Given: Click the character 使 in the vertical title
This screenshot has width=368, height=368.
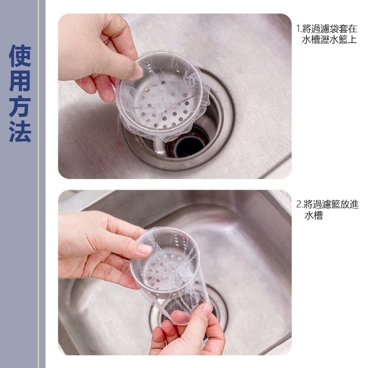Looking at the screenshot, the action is [20, 55].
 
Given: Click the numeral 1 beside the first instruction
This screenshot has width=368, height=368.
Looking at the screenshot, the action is [298, 29].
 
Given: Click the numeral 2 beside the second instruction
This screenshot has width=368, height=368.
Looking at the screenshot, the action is [299, 204].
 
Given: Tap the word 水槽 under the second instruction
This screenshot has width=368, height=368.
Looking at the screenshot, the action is [313, 215].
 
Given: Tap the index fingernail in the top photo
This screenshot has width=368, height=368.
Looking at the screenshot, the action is [138, 71].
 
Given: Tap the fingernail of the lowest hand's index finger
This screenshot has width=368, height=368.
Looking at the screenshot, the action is [208, 309].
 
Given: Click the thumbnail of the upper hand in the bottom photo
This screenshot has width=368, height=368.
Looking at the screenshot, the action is [144, 249].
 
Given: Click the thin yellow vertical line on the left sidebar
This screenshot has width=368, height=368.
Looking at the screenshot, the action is [39, 184].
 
